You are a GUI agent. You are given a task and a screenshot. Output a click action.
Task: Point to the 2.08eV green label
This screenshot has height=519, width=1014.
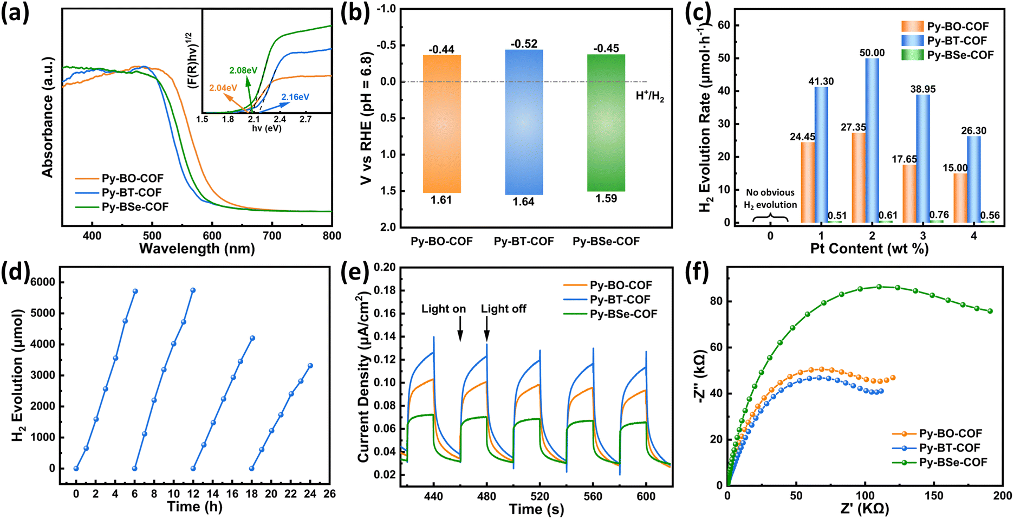244,70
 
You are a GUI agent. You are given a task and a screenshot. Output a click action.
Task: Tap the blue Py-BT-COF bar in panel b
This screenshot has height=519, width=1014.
524,122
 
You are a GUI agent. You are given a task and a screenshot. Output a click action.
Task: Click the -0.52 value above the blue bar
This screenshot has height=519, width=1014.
524,44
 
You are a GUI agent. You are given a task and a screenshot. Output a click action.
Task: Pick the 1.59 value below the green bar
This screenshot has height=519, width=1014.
606,198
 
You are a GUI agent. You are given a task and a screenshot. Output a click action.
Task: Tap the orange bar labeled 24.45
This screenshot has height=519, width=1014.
807,182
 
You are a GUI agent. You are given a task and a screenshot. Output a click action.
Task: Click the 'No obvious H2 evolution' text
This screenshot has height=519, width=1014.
770,199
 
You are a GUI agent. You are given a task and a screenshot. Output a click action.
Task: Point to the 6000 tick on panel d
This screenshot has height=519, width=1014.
43,282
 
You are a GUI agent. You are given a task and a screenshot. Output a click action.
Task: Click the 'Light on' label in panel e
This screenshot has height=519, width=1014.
444,309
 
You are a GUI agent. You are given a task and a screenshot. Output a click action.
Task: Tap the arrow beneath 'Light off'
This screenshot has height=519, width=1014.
487,329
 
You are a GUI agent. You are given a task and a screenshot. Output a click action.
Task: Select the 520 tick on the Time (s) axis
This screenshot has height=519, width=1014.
539,496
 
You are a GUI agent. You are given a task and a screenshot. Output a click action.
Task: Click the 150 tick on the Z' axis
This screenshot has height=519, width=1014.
934,496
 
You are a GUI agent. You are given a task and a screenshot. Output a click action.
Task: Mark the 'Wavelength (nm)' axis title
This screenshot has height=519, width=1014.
197,249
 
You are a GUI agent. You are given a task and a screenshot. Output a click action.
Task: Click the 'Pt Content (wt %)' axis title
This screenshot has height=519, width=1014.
869,249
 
